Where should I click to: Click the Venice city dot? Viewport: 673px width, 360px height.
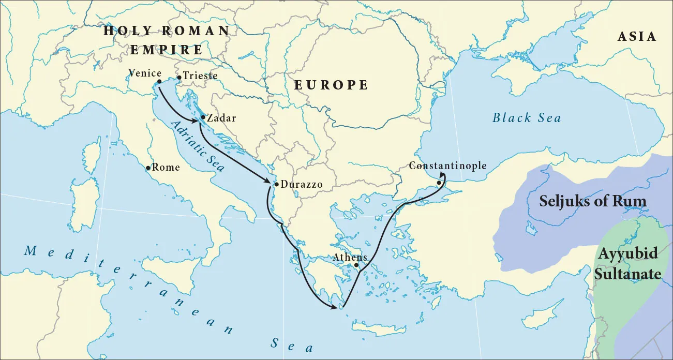point(159,82)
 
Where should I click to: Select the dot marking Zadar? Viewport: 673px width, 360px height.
point(203,117)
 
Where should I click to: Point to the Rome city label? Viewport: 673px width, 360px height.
point(166,168)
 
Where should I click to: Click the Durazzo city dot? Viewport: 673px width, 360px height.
point(276,184)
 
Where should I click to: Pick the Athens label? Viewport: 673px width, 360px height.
point(350,257)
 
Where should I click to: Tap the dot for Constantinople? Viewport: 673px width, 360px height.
point(439,183)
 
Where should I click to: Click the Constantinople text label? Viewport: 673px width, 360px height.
point(447,166)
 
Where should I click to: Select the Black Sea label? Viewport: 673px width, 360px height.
point(527,118)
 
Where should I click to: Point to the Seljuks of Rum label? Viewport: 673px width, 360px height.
point(593,201)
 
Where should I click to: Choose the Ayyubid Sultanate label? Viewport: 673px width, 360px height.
point(627,263)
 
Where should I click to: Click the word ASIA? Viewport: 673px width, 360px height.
point(637,37)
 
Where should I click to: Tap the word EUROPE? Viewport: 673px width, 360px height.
point(331,85)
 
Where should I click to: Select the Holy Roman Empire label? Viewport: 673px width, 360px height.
point(166,40)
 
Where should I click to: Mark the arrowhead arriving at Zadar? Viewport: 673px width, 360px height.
point(198,121)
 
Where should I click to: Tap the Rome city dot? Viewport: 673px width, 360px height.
point(148,168)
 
